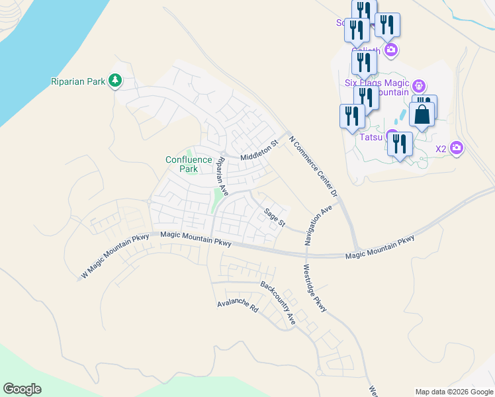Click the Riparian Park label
[x=78, y=81]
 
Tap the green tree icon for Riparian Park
[x=116, y=81]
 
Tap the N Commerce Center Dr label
[x=314, y=167]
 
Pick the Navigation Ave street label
[x=318, y=226]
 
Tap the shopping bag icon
[x=422, y=114]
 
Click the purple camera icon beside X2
[x=456, y=148]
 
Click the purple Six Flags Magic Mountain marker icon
[x=418, y=86]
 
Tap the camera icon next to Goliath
[x=391, y=50]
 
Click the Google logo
[x=22, y=389]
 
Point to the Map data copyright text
[x=453, y=392]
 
